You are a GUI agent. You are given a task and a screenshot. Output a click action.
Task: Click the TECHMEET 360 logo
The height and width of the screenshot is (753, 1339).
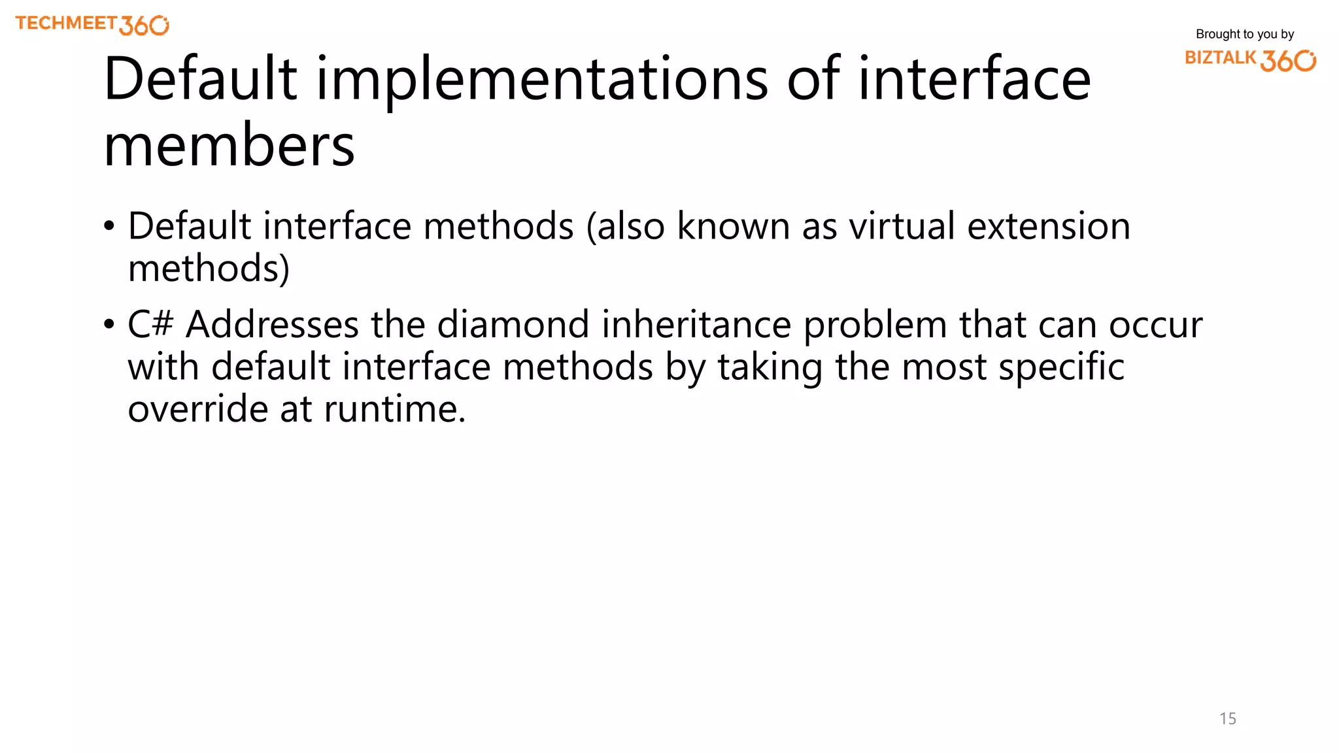(x=92, y=25)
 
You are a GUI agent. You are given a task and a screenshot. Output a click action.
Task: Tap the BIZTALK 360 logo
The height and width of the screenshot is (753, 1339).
(x=1250, y=59)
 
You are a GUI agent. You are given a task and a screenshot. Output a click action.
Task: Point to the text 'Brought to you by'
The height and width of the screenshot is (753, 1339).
(x=1245, y=34)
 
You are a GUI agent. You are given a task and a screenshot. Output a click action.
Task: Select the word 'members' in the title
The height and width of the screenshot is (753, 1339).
(x=229, y=145)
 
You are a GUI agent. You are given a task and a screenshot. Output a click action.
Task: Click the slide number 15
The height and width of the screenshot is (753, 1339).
(x=1228, y=718)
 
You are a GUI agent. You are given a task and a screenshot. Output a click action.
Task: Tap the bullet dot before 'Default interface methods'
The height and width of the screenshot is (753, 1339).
(x=109, y=227)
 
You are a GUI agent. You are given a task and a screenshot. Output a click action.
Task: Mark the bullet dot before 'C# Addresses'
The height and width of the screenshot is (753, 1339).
(x=109, y=325)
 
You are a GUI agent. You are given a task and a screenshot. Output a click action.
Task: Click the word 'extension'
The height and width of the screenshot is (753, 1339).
(x=1049, y=226)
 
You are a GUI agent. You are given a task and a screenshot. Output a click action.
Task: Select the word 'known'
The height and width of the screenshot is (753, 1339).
(x=733, y=226)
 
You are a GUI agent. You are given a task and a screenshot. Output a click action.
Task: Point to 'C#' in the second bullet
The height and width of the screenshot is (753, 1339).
(x=150, y=324)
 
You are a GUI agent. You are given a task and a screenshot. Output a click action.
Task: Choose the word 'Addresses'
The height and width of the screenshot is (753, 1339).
(x=272, y=324)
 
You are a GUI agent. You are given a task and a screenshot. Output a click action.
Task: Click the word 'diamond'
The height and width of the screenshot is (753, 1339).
(x=513, y=324)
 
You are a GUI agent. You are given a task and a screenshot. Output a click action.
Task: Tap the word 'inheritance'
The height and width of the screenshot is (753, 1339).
(x=696, y=324)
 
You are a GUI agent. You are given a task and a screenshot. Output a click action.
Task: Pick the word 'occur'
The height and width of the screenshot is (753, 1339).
(x=1155, y=325)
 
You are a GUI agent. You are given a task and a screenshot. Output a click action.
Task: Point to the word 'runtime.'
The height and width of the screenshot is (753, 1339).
(x=394, y=409)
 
